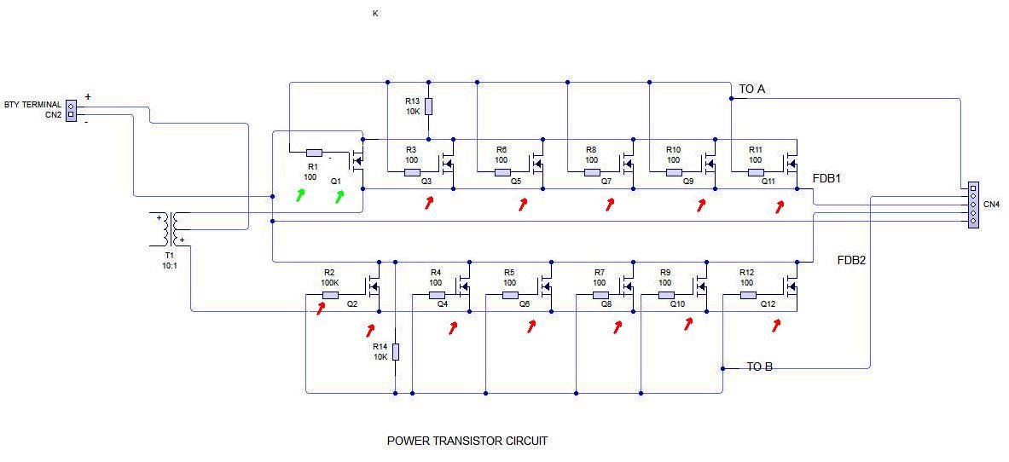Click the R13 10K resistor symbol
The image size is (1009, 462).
(x=428, y=107)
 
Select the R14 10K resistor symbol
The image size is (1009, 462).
(x=396, y=352)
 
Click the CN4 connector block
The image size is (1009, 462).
(x=973, y=204)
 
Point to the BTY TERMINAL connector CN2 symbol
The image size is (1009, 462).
(x=71, y=110)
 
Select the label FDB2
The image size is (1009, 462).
(x=851, y=260)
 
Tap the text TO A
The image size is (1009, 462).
(x=752, y=90)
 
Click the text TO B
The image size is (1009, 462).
(x=759, y=367)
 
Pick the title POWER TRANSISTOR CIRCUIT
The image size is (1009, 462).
(x=467, y=441)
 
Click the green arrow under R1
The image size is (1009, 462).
(x=300, y=196)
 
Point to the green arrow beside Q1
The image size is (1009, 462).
(x=339, y=197)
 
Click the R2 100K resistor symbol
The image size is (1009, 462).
(x=330, y=295)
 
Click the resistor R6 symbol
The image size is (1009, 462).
(x=502, y=172)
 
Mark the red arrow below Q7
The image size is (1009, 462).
(x=609, y=205)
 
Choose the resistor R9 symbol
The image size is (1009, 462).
(x=665, y=295)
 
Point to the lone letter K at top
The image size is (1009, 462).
(x=375, y=14)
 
